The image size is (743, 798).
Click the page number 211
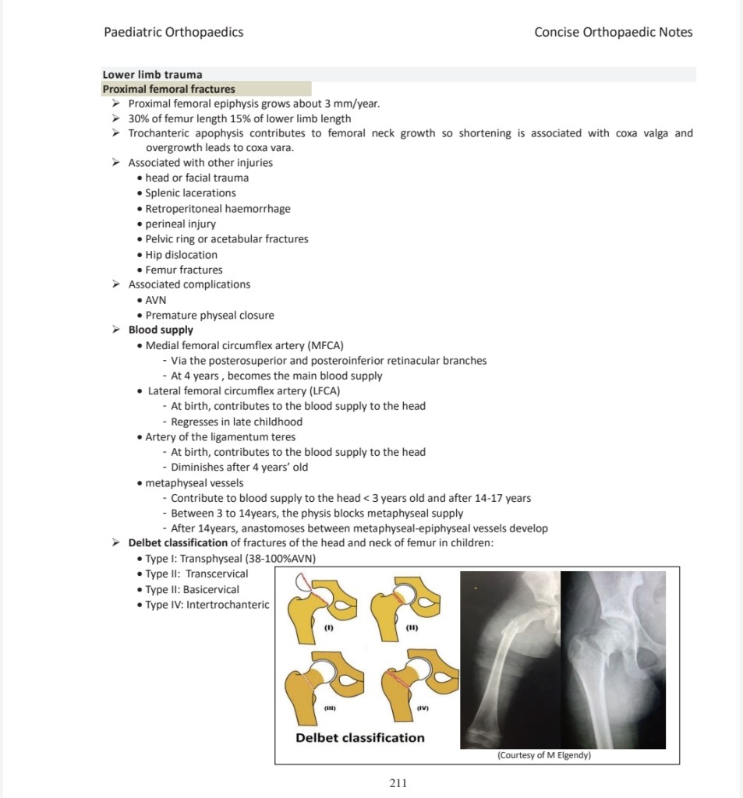tap(398, 782)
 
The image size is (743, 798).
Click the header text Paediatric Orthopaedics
tap(173, 32)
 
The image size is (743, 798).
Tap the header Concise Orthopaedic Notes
tap(613, 32)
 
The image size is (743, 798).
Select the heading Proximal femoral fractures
tap(169, 89)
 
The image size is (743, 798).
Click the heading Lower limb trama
tap(152, 75)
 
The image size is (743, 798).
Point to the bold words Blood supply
tap(161, 330)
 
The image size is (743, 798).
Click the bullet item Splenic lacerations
tap(190, 192)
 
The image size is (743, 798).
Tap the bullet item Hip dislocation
tap(181, 254)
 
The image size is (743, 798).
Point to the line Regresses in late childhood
tap(236, 422)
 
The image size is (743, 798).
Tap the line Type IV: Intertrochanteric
tap(207, 605)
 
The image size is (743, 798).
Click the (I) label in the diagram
tap(328, 627)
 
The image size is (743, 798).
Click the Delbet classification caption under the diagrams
tap(360, 737)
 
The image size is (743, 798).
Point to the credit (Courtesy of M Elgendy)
tap(543, 755)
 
